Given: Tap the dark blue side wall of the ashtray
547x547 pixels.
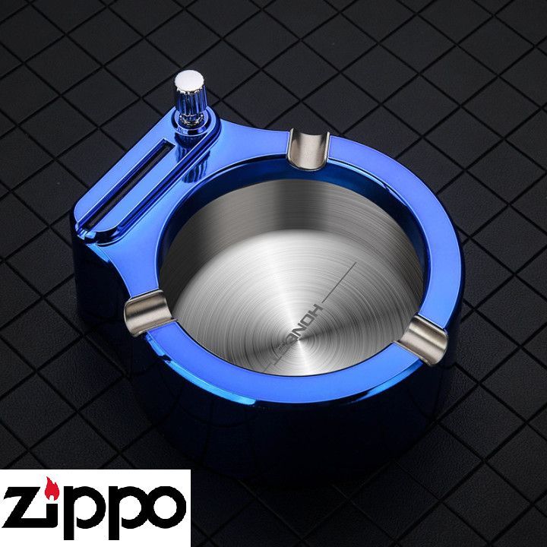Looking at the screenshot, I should coord(304,425).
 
